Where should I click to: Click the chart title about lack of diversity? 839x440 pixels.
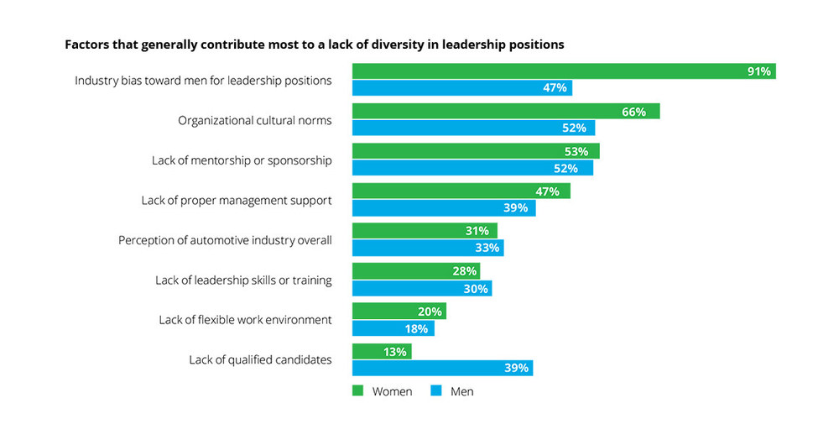(314, 45)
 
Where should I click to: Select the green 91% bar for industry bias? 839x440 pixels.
(563, 71)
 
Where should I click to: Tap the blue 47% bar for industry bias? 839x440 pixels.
(461, 87)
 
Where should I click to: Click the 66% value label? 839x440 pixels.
(633, 112)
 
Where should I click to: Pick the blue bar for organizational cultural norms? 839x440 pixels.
(473, 128)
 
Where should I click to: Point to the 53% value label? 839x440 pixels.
(576, 151)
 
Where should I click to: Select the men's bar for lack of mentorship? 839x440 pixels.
(472, 168)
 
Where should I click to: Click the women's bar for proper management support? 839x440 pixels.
(461, 191)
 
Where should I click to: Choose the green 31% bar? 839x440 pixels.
(425, 231)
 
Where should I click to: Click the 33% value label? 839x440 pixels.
(487, 248)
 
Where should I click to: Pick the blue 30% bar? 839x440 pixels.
(422, 288)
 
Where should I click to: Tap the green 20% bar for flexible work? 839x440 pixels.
(399, 311)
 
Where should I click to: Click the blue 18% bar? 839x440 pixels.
(393, 327)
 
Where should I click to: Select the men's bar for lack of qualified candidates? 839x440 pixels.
(442, 368)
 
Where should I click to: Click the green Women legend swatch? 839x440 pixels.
(357, 390)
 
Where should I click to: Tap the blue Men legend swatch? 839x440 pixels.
(435, 390)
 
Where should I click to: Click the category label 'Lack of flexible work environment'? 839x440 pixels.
(245, 320)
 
